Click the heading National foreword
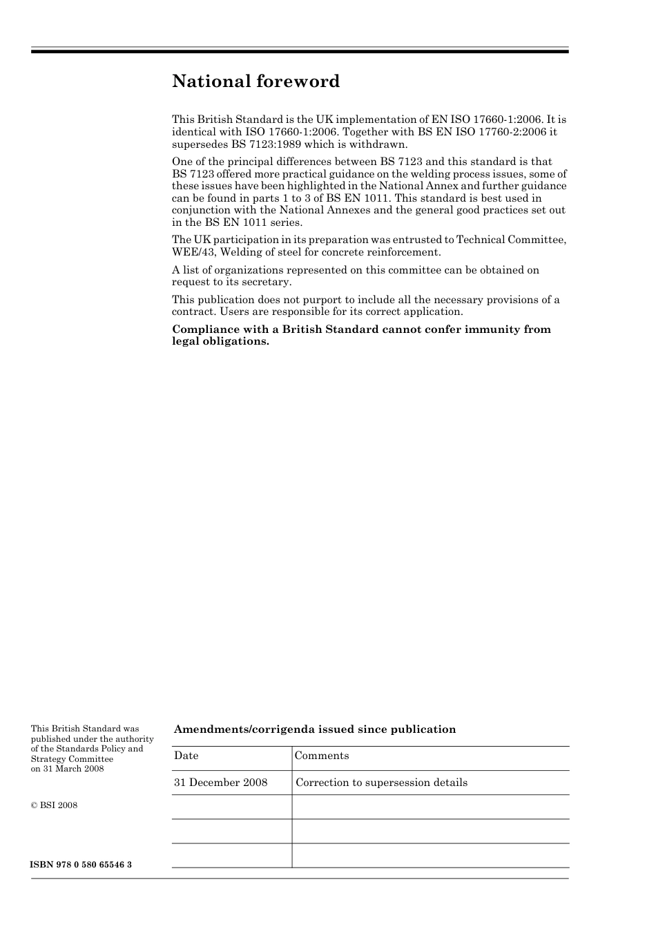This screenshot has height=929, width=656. click(255, 82)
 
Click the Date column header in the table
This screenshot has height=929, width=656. click(186, 756)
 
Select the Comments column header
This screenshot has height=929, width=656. click(322, 756)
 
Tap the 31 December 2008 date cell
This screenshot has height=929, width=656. click(221, 783)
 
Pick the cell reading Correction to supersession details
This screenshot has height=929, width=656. click(381, 783)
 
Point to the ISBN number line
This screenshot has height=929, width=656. click(81, 865)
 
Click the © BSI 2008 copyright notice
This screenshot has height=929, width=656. click(54, 805)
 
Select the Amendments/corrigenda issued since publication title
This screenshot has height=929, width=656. click(315, 729)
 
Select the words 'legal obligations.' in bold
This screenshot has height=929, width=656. click(220, 341)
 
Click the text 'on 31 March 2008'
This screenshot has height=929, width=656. click(67, 769)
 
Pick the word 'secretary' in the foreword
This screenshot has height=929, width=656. click(267, 282)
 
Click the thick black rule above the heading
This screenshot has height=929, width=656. click(300, 52)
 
